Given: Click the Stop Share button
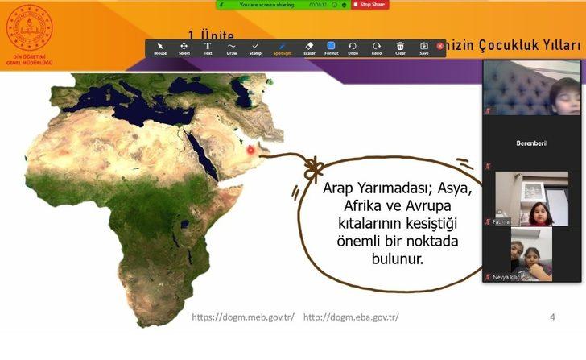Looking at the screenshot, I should (369, 5).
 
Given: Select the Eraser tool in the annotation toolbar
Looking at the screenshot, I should (309, 48).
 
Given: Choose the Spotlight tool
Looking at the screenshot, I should (282, 48).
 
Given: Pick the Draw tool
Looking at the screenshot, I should (232, 48).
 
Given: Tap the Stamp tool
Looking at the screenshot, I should (255, 48).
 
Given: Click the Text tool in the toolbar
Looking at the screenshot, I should (208, 48).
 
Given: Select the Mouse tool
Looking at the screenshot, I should (160, 48).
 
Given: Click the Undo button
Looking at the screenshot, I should (353, 48).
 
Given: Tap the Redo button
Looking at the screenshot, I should (377, 48).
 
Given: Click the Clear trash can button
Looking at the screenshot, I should (400, 48).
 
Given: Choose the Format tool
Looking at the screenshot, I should (331, 48).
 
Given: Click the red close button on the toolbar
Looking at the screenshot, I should (439, 46).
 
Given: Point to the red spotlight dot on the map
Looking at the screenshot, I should (250, 150).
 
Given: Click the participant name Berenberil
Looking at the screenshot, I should (531, 143).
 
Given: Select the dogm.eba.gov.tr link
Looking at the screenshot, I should (350, 317).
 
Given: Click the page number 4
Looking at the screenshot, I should (552, 317).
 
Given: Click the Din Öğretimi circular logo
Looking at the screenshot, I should (29, 28).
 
